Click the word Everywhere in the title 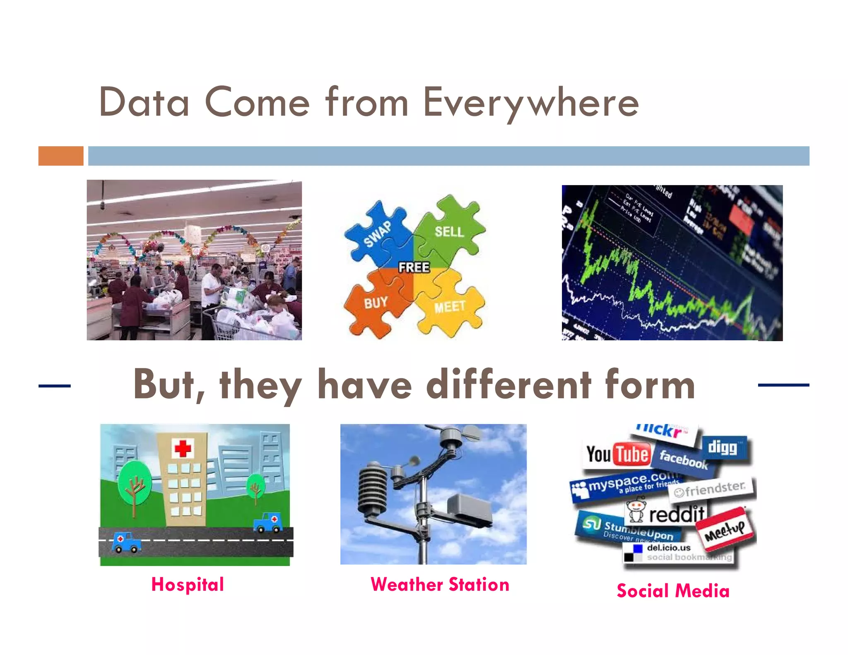(531, 103)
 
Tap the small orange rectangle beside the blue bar (61, 156)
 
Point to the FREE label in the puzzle (414, 267)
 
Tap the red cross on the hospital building (183, 448)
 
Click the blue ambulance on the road (126, 542)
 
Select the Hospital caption (188, 585)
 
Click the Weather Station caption (440, 585)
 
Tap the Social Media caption (673, 591)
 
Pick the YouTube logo (617, 455)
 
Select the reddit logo (667, 513)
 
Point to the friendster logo (711, 489)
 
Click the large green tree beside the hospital (135, 482)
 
